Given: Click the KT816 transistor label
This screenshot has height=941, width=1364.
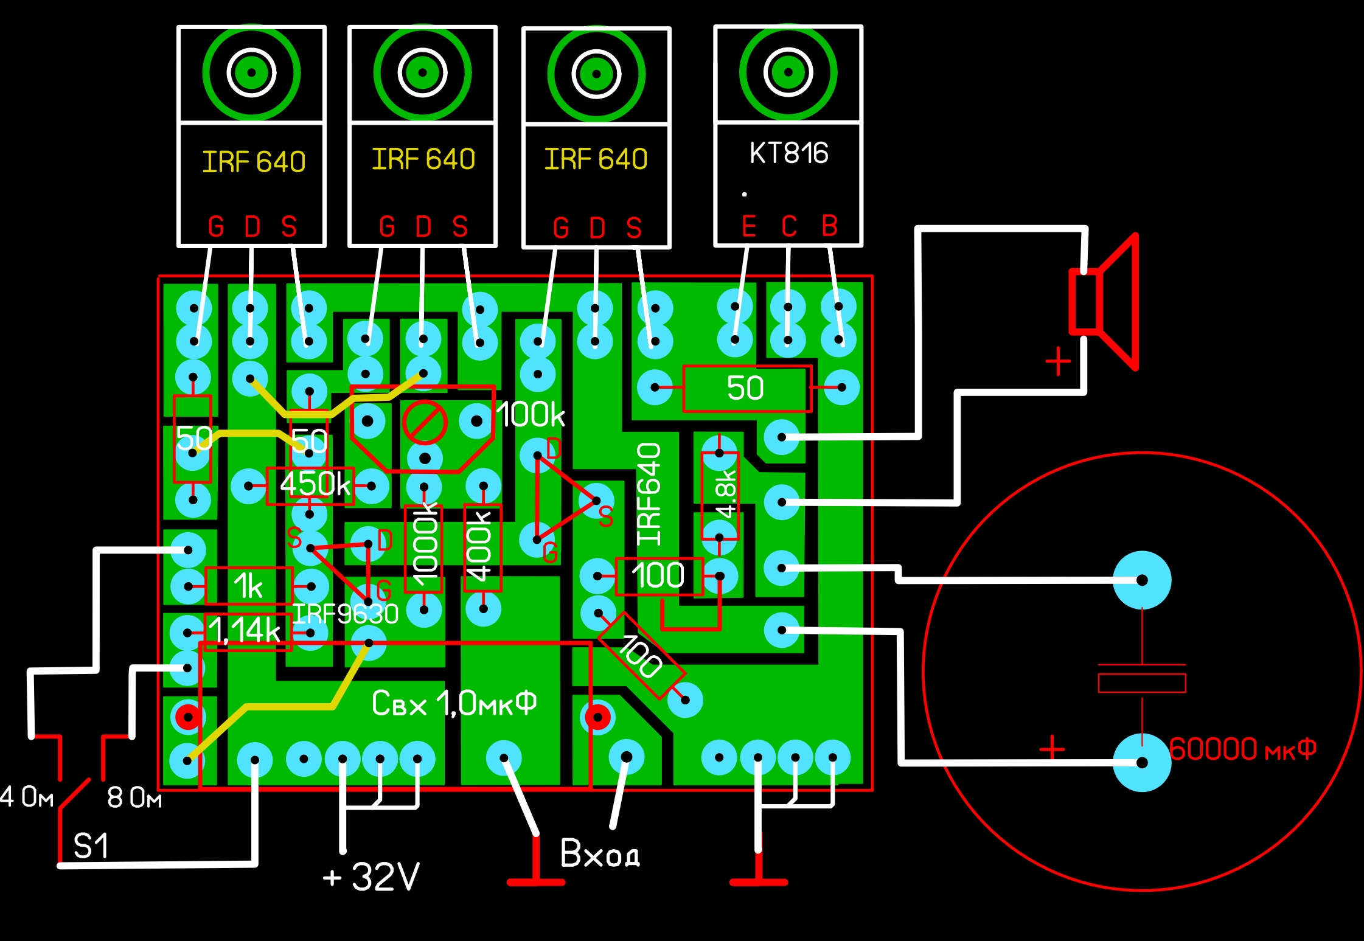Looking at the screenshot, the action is point(789,153).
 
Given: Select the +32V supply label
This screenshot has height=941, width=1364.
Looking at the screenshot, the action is point(371,877).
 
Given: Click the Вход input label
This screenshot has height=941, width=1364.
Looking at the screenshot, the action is point(599,853).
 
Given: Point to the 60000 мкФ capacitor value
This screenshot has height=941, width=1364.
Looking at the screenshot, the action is point(1242,749).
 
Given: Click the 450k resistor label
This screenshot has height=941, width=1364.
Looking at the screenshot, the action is point(315,484).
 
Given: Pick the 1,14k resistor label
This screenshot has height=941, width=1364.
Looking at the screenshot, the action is point(245,630).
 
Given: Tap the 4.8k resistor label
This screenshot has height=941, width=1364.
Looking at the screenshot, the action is point(726,494).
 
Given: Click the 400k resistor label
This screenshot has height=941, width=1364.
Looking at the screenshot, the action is point(479,547).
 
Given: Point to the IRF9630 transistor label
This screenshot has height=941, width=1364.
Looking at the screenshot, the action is point(346,614).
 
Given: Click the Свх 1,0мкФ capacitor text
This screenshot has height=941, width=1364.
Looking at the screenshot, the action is point(454,704).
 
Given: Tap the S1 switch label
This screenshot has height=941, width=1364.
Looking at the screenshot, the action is point(91,846).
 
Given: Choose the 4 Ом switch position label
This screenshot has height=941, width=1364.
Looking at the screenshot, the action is point(27,797).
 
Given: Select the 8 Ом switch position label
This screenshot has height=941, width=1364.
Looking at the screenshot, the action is point(134,797).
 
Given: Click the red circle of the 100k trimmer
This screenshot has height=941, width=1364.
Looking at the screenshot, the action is point(425,422).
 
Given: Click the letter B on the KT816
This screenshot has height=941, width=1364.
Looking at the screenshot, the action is point(830,226).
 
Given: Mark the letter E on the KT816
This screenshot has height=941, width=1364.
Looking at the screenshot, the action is point(749,226).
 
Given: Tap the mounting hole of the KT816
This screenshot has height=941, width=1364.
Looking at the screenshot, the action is point(788,72).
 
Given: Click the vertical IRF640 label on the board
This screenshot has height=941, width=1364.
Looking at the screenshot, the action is point(649,494).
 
